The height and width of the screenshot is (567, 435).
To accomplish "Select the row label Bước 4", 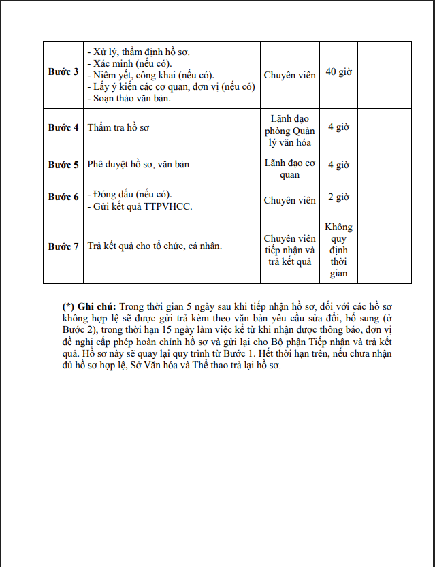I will [x=63, y=127].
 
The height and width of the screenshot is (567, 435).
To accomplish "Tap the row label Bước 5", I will [x=63, y=165].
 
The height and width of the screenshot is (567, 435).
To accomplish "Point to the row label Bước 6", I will [x=63, y=197].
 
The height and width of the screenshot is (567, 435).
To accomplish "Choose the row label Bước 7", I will [x=63, y=246].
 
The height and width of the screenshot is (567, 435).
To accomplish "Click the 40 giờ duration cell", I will [x=338, y=72].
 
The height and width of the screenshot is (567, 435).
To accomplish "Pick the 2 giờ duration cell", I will [x=338, y=197].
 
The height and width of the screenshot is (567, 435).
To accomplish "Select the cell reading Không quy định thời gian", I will [x=338, y=250].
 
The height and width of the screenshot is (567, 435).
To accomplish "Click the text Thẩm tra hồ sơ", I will [x=117, y=127].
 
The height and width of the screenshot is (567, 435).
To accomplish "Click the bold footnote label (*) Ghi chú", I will [x=88, y=306].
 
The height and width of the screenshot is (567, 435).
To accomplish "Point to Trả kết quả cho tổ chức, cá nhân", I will [x=155, y=246].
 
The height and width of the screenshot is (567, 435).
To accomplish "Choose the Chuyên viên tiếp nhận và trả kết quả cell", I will [x=289, y=250].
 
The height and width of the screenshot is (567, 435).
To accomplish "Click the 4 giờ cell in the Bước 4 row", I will [x=338, y=127].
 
